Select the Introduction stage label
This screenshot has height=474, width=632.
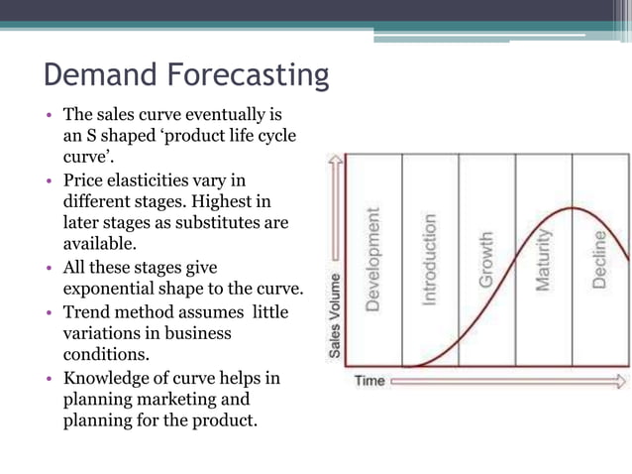(429, 261)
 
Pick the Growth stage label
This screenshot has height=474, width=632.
(486, 261)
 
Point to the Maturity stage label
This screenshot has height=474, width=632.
(543, 261)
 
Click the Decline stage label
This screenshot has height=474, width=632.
(600, 260)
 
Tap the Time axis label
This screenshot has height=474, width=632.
(369, 381)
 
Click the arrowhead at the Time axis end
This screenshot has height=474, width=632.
(620, 381)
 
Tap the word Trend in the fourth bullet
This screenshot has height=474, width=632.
(86, 311)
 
